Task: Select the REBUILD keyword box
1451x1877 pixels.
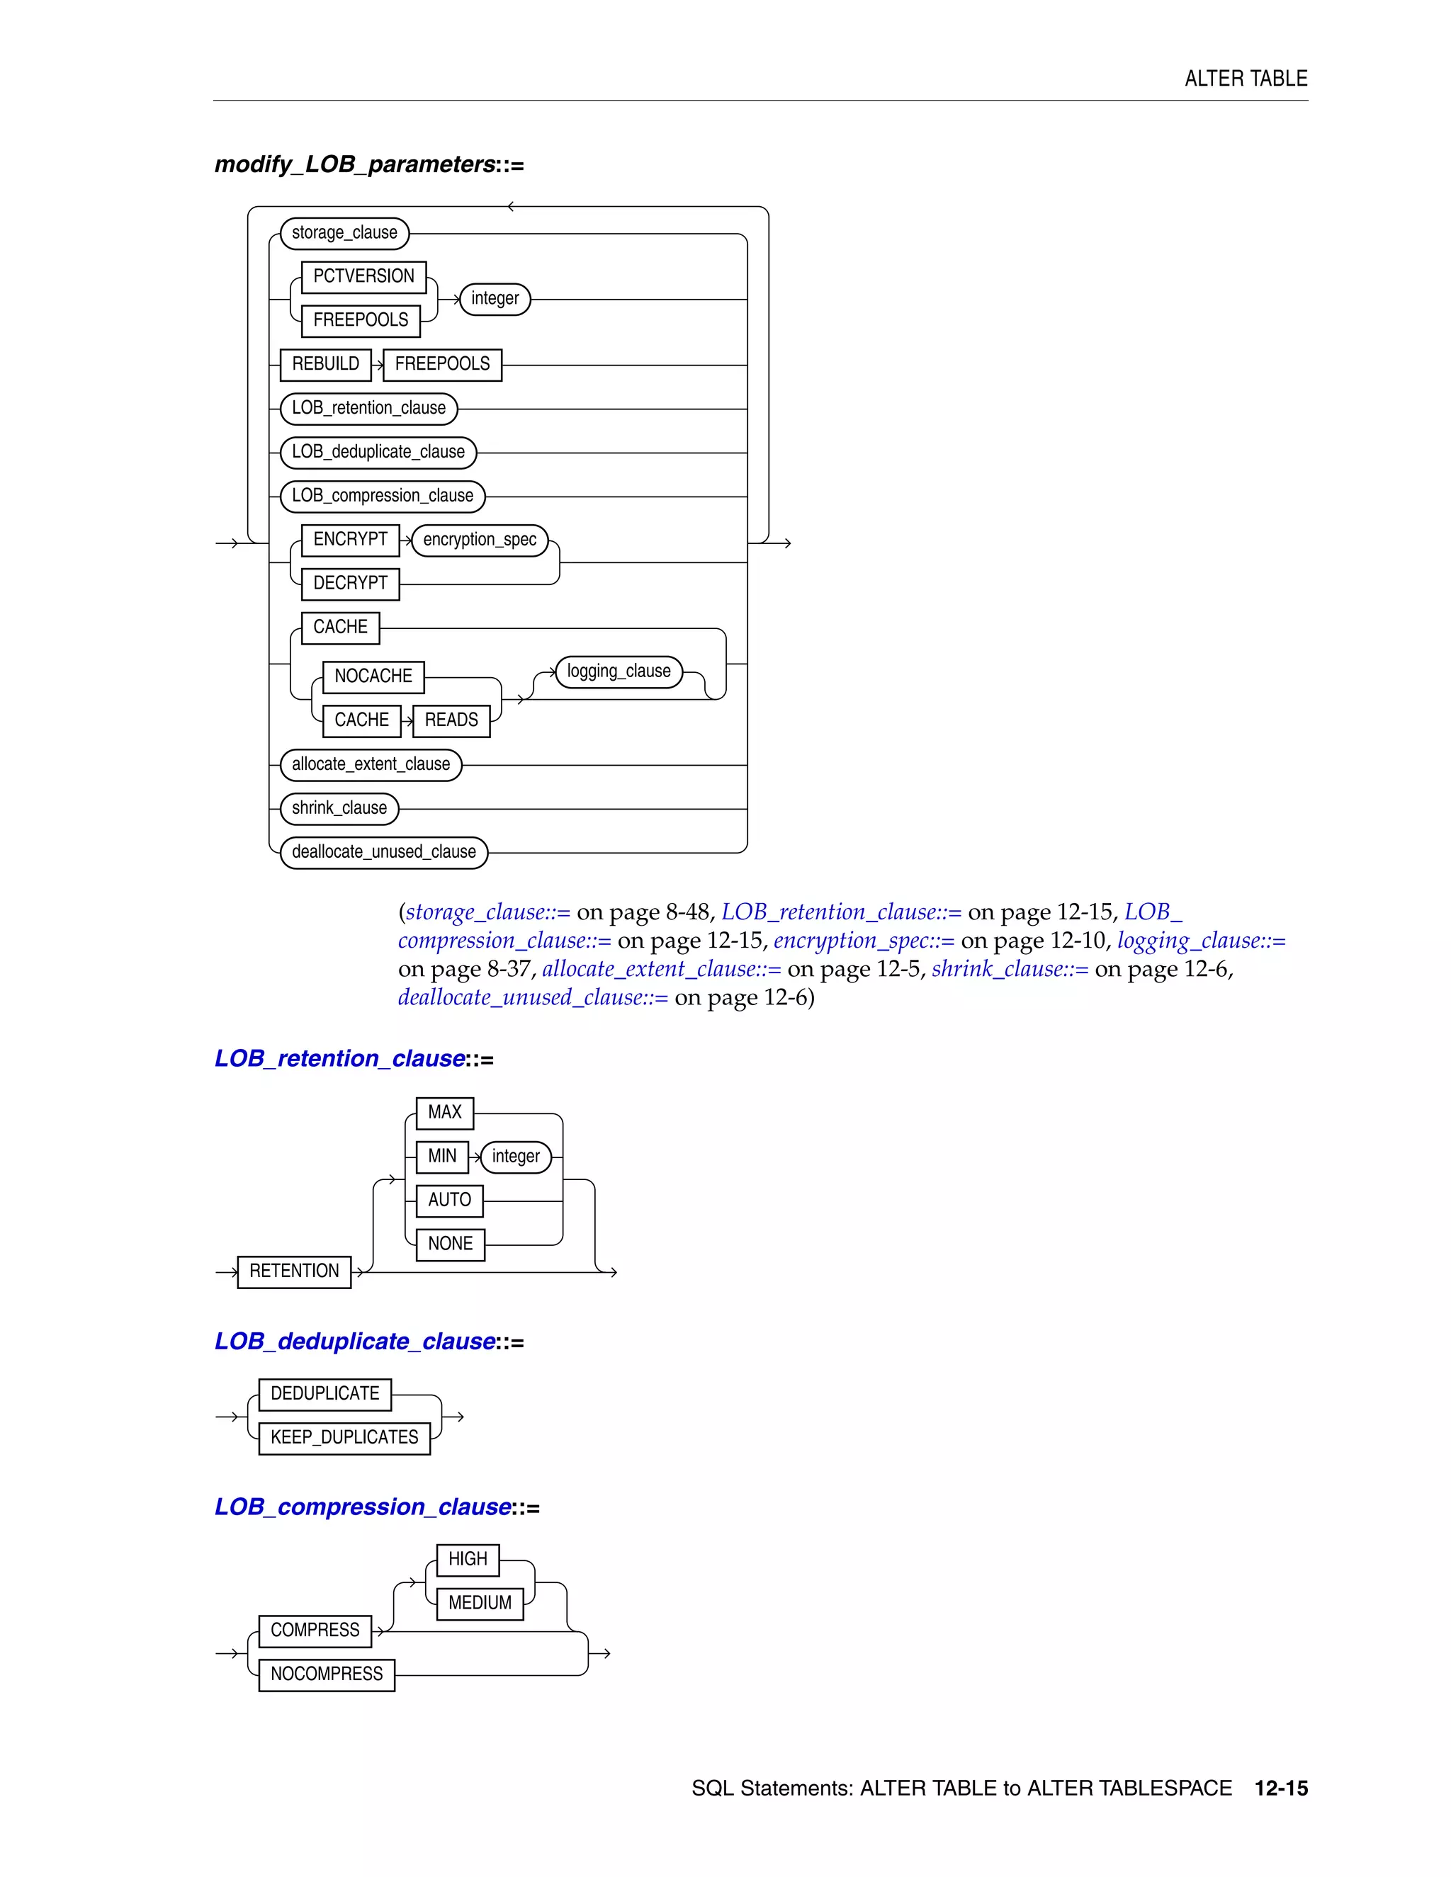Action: (x=326, y=364)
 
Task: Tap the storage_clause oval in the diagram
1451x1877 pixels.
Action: (x=345, y=233)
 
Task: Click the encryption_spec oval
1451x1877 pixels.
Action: (x=480, y=540)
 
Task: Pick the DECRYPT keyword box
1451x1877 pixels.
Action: (x=351, y=584)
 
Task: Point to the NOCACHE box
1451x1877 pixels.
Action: (x=373, y=676)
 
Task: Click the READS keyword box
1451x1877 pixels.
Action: (x=451, y=720)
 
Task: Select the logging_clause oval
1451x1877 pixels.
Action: (x=619, y=671)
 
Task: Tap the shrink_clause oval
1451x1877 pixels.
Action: (x=339, y=808)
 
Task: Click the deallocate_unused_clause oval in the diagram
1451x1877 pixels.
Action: (x=384, y=851)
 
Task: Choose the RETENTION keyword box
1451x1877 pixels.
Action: (x=294, y=1271)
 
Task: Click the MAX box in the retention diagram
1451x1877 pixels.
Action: (x=444, y=1113)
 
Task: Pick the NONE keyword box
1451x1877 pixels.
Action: (x=451, y=1244)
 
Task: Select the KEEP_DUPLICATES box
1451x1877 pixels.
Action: (x=344, y=1438)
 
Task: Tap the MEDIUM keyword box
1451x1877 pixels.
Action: (x=480, y=1603)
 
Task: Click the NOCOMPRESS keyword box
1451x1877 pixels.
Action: (x=327, y=1674)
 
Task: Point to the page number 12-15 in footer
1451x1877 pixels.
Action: (x=1281, y=1788)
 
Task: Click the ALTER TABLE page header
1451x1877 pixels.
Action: (x=1246, y=79)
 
